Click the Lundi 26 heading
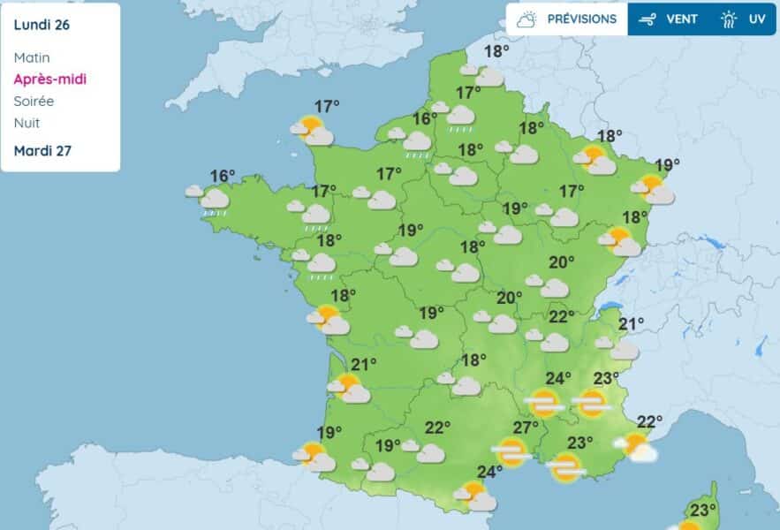tap(42, 25)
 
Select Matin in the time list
tap(32, 57)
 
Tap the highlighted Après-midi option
tap(50, 79)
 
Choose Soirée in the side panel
tap(34, 101)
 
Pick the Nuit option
tap(27, 123)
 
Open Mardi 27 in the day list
tap(42, 150)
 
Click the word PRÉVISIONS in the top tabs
tap(582, 19)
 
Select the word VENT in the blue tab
tap(682, 19)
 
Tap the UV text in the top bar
tap(757, 19)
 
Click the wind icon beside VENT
tap(650, 19)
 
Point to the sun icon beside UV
tap(729, 19)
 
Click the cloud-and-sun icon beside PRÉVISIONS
tap(527, 19)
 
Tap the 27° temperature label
tap(526, 428)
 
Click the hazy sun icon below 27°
tap(511, 452)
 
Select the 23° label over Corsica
tap(703, 510)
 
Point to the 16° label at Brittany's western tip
tap(223, 176)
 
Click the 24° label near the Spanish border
tap(489, 471)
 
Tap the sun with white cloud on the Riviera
tap(637, 447)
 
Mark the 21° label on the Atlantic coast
tap(364, 364)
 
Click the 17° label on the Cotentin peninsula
tap(327, 107)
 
